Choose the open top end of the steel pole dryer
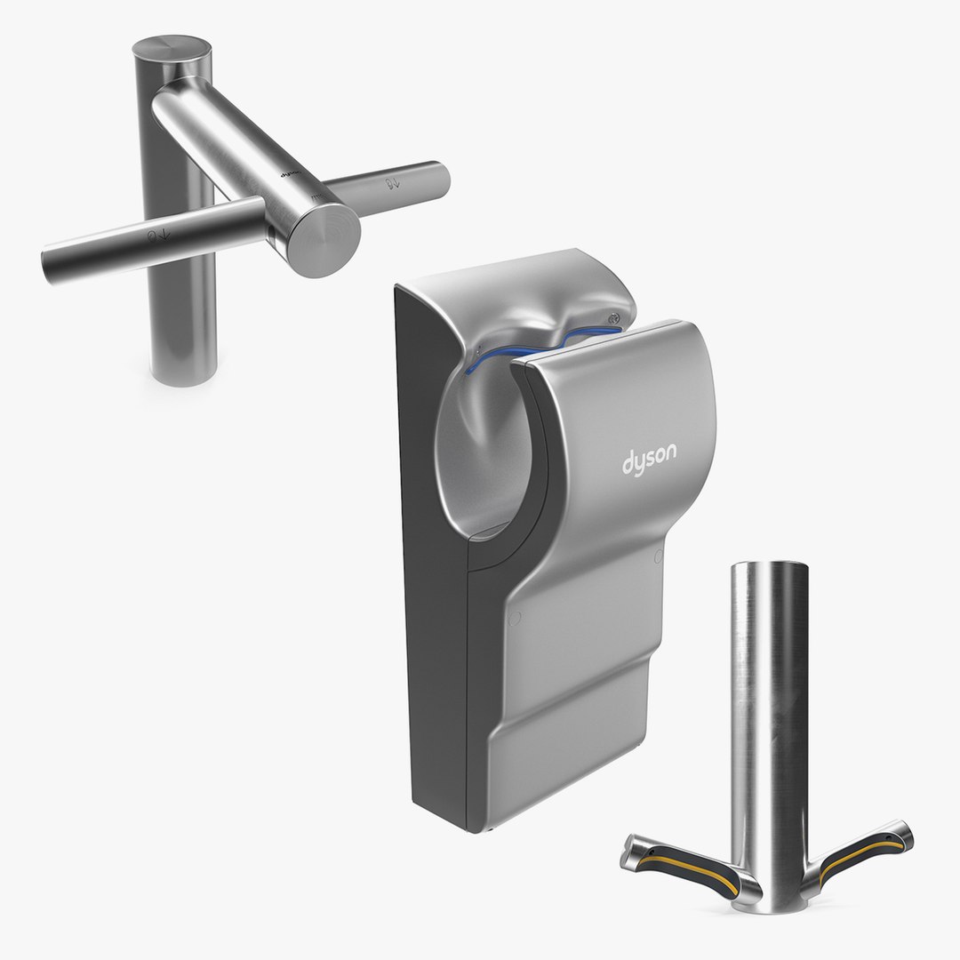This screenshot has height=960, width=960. tap(770, 569)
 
